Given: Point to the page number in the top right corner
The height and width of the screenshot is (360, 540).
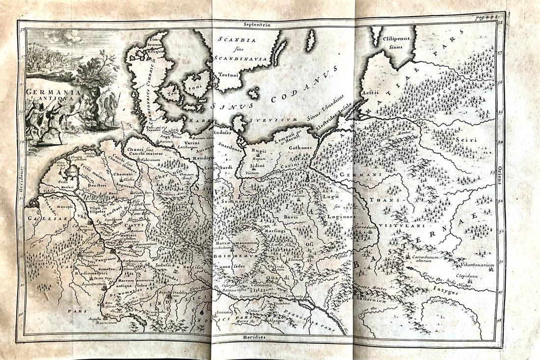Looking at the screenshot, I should pos(486,17).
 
